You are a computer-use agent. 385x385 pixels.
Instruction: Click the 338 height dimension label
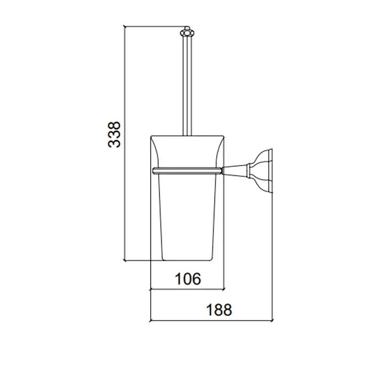pos(114,135)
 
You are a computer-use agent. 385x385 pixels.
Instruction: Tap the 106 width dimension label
pos(188,279)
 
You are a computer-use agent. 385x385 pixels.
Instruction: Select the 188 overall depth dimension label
pos(219,310)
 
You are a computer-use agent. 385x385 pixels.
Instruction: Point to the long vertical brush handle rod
pos(187,86)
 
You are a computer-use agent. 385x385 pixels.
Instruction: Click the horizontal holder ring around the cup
pos(188,171)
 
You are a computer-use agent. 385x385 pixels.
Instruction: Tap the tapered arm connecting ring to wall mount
pos(235,170)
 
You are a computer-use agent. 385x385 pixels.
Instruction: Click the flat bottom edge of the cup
pos(187,260)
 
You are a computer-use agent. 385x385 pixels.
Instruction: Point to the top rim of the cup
pos(188,136)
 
